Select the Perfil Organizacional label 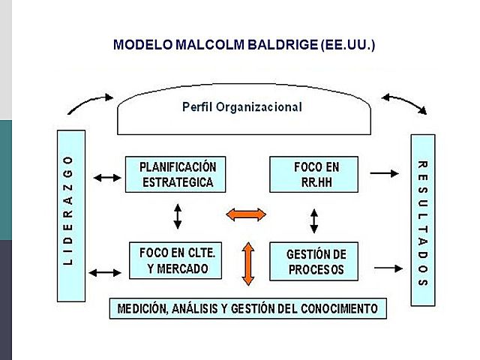coord(242,107)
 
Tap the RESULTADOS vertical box coord(422,219)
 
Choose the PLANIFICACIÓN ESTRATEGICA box coord(176,174)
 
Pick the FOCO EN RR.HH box coord(315,174)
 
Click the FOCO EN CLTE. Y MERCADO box coord(177,260)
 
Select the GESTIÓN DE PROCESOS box coord(314,261)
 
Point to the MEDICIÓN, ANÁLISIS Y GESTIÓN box coord(247,308)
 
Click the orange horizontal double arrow coord(246,214)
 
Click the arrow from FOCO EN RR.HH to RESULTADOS coord(385,173)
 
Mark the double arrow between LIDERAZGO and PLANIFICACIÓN coord(106,178)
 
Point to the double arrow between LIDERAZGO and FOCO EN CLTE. coord(106,271)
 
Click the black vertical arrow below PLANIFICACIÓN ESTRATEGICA coord(178,217)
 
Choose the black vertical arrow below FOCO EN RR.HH coord(315,220)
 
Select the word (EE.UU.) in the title coord(346,45)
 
